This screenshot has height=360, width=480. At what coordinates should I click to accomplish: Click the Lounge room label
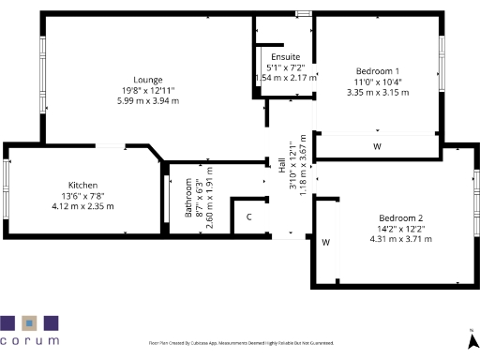click(148, 80)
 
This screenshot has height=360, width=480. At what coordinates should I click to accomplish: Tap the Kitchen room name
click(83, 185)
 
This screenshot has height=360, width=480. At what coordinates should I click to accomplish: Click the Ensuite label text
click(286, 57)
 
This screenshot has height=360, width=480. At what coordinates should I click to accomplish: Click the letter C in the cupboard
click(248, 217)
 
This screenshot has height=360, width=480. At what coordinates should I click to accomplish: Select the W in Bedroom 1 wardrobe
click(377, 146)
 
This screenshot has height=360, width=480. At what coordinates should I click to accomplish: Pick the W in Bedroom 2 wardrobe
click(325, 242)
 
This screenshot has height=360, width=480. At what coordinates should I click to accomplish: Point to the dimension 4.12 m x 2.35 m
click(83, 205)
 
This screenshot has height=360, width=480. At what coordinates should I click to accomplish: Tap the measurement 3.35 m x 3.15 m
click(379, 93)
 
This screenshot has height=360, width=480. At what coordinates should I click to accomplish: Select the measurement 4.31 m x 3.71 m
click(401, 239)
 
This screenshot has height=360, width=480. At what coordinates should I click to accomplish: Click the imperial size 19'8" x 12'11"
click(148, 90)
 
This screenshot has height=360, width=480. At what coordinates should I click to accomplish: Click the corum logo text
click(29, 341)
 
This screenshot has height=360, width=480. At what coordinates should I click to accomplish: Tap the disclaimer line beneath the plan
click(241, 344)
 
